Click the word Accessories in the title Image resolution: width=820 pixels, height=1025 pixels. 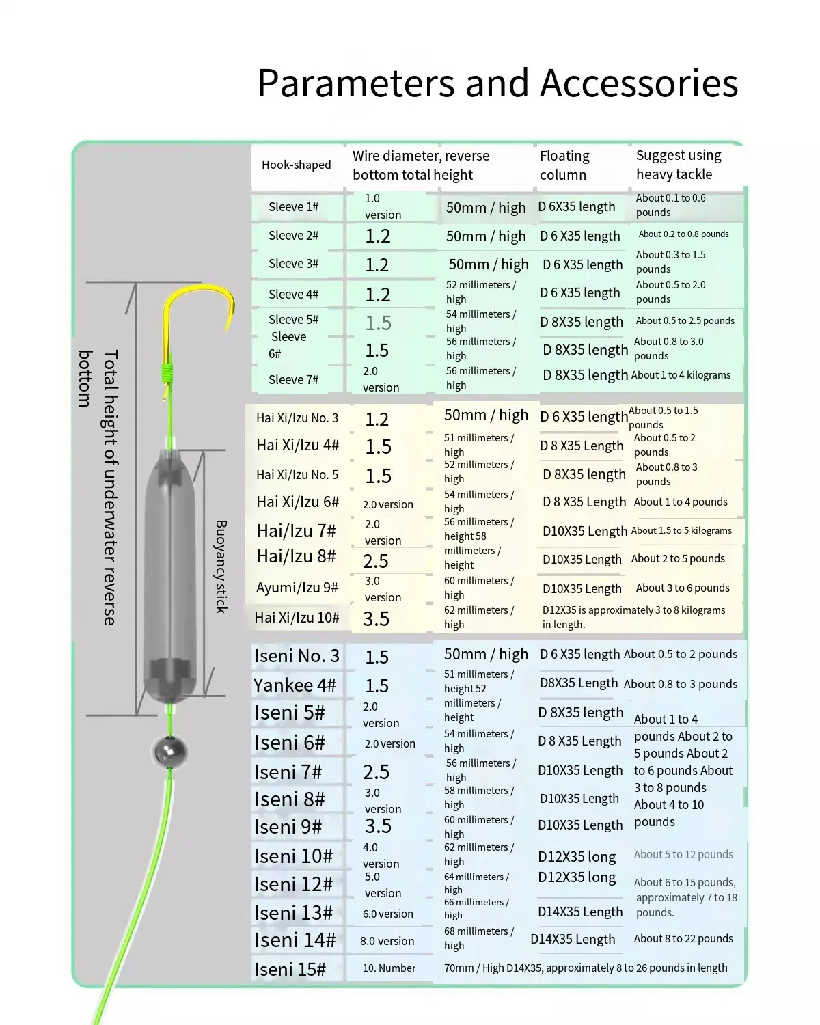click(638, 83)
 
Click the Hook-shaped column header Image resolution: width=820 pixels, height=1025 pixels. click(296, 165)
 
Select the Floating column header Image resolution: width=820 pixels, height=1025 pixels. click(564, 165)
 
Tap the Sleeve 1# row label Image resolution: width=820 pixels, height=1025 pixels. click(293, 207)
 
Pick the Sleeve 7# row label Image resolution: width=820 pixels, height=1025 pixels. click(293, 380)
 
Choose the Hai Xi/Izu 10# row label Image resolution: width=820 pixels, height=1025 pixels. click(297, 618)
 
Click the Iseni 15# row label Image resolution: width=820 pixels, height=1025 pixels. click(290, 970)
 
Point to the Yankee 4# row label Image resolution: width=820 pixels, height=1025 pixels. click(295, 685)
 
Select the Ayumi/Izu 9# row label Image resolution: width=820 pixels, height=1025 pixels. click(297, 588)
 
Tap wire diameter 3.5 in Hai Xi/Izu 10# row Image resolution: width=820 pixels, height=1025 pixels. click(376, 619)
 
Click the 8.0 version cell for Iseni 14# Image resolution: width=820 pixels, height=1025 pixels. click(387, 941)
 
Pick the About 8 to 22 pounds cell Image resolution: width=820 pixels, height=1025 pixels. click(683, 939)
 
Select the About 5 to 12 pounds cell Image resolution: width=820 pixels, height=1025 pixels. click(683, 855)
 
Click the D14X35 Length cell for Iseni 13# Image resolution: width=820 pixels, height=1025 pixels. click(580, 912)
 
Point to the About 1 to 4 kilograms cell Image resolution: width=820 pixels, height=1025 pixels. click(681, 375)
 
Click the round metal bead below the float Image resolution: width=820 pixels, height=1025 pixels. click(168, 752)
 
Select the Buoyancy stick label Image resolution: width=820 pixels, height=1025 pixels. click(221, 566)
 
